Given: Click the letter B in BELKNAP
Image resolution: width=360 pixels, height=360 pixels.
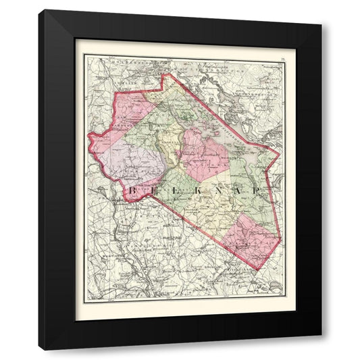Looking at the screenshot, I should (130, 192).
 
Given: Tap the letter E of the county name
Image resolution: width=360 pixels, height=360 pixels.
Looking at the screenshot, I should (152, 192).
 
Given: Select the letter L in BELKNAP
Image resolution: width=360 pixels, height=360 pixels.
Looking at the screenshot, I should (174, 192).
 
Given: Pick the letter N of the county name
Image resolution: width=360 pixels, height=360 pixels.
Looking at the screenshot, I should (217, 192).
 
